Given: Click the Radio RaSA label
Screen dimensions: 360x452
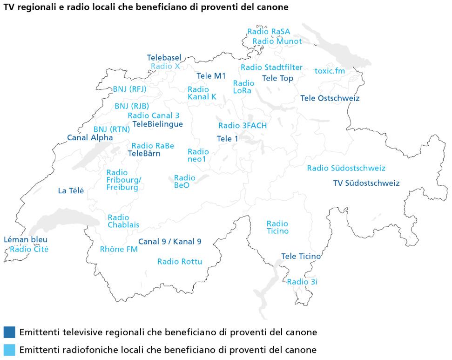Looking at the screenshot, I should tap(269, 32).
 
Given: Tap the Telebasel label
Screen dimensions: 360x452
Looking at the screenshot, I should tap(164, 58).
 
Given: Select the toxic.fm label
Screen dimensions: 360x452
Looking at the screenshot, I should tap(330, 71).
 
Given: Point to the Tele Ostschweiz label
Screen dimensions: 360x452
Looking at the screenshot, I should tap(330, 98).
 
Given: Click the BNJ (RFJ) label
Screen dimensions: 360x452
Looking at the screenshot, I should tap(129, 89).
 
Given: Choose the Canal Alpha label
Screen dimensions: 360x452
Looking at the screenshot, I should tap(90, 138).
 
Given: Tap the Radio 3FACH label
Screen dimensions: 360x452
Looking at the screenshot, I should tap(243, 126).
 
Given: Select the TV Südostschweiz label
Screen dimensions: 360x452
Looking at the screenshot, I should tap(366, 183).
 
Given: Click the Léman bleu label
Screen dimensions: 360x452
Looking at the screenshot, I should tap(25, 240).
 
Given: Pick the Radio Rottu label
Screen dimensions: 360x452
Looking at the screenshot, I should tap(180, 262).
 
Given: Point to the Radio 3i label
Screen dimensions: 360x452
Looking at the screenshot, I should tap(302, 282).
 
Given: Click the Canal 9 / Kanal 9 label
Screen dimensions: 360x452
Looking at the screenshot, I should tap(169, 242).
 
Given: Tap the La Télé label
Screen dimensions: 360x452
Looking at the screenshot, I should tap(71, 190).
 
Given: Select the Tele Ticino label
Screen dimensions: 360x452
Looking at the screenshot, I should tap(301, 257).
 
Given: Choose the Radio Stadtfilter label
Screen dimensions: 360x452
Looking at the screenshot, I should tap(271, 68).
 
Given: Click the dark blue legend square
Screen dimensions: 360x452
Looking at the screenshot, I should tap(9, 332).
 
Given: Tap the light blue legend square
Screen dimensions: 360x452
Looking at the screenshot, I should tap(9, 350).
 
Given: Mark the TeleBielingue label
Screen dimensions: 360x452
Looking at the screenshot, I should tap(157, 124).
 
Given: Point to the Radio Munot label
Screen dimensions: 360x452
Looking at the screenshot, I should tap(277, 41).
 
